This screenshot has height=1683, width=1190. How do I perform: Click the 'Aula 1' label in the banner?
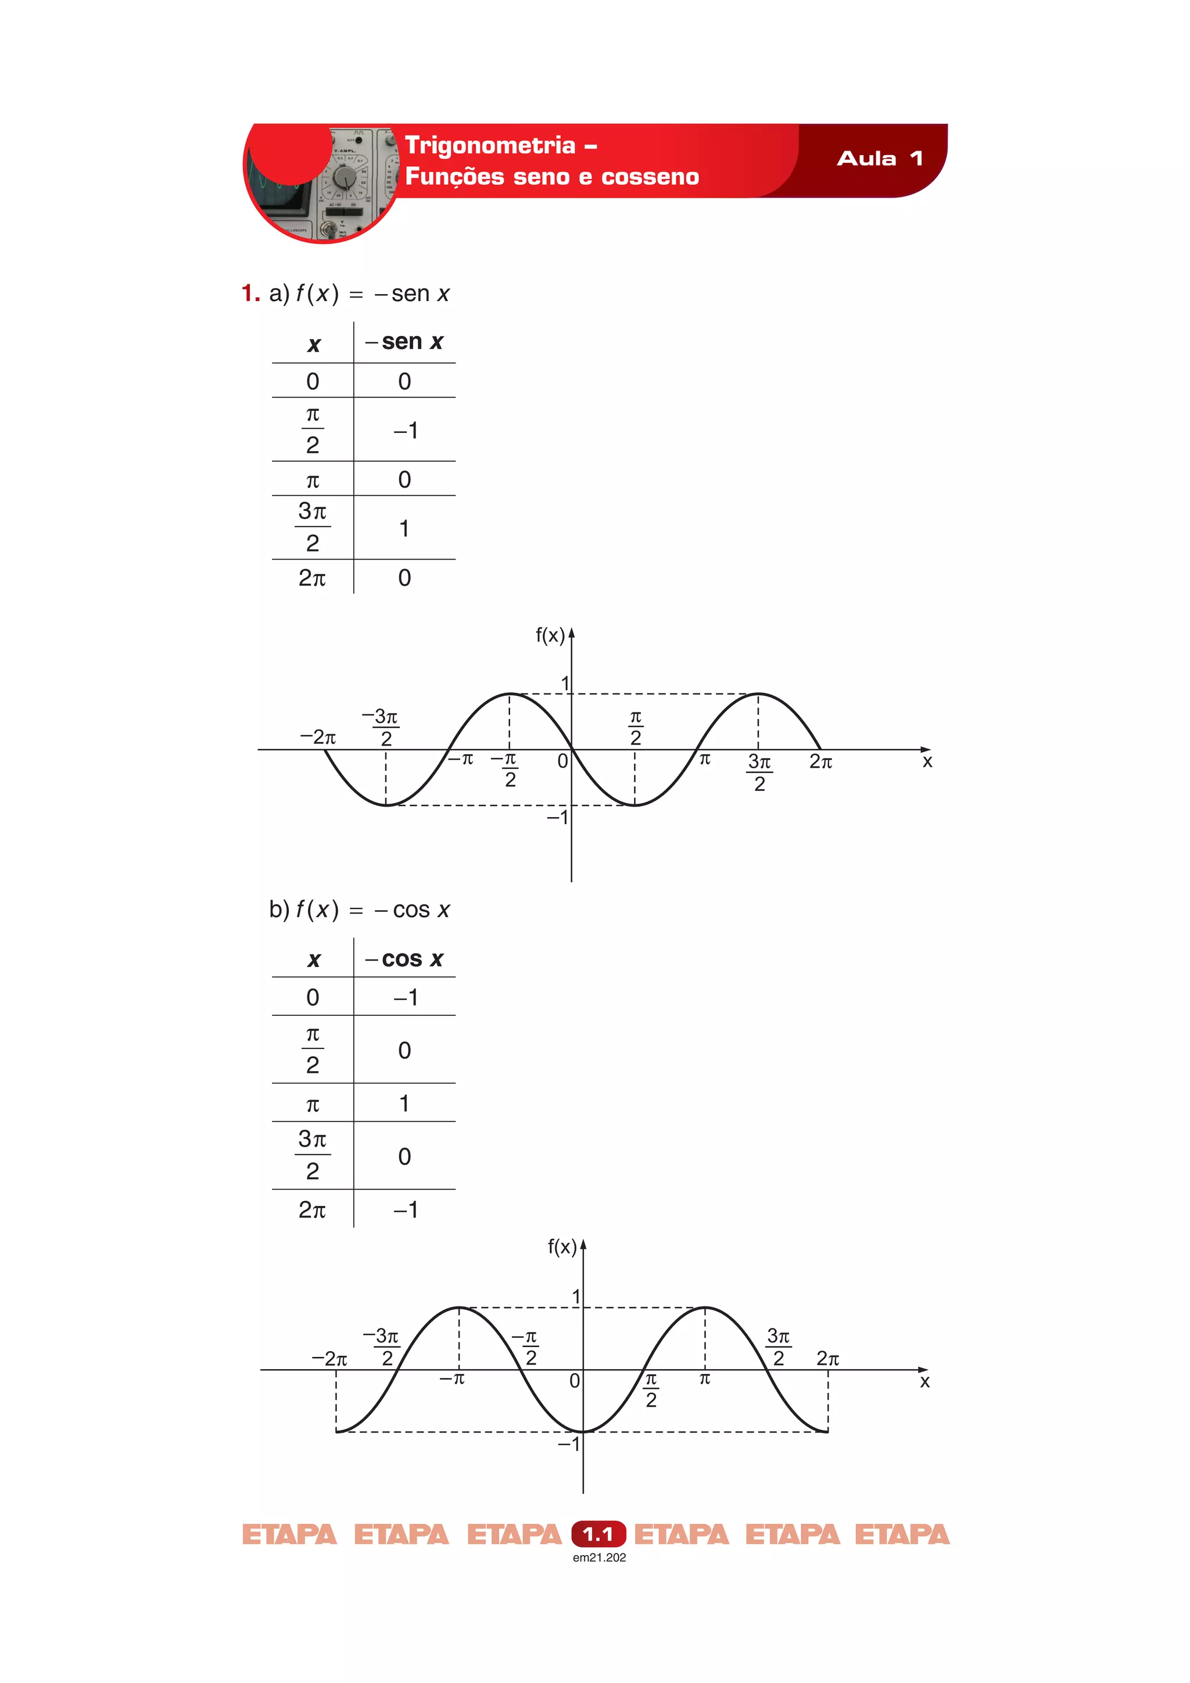[x=879, y=158]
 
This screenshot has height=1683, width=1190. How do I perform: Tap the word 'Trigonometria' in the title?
[x=490, y=146]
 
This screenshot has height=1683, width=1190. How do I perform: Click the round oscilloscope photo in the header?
[x=322, y=183]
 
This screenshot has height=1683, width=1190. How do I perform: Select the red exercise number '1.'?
[x=250, y=293]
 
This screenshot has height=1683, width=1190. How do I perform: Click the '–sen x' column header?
[x=404, y=342]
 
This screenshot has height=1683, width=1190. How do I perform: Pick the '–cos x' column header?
[x=404, y=959]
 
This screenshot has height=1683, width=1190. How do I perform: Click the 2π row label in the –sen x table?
[x=312, y=578]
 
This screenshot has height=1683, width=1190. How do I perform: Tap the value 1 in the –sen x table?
[x=404, y=528]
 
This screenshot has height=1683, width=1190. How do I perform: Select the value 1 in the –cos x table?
[x=404, y=1102]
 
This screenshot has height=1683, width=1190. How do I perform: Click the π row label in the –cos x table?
[x=313, y=1104]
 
